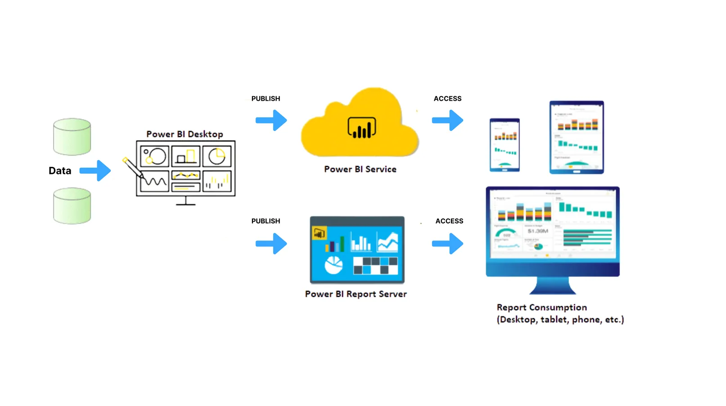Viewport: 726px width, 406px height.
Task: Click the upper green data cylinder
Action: pyautogui.click(x=72, y=137)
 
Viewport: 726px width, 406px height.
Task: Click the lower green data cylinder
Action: pyautogui.click(x=72, y=206)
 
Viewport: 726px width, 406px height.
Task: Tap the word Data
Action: pyautogui.click(x=60, y=171)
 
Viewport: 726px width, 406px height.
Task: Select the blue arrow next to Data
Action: pyautogui.click(x=95, y=170)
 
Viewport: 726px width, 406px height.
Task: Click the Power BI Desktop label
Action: pyautogui.click(x=185, y=134)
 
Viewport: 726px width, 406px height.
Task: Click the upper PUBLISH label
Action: pyautogui.click(x=266, y=98)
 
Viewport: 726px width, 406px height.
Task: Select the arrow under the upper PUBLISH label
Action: pyautogui.click(x=271, y=120)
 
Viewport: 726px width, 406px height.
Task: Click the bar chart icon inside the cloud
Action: pyautogui.click(x=361, y=128)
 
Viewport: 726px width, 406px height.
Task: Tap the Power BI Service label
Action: pyautogui.click(x=360, y=169)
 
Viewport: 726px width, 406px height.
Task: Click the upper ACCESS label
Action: pyautogui.click(x=447, y=98)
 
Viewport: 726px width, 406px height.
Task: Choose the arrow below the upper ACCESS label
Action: pyautogui.click(x=448, y=120)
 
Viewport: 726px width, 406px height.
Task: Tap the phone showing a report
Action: pyautogui.click(x=505, y=145)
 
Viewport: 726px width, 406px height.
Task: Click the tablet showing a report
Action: pyautogui.click(x=577, y=137)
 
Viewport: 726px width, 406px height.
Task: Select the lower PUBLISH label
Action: pyautogui.click(x=266, y=221)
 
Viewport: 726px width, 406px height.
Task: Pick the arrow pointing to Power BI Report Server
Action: pyautogui.click(x=271, y=244)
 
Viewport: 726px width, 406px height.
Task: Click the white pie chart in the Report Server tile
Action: pyautogui.click(x=334, y=265)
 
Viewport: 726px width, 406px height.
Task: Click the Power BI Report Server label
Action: pyautogui.click(x=356, y=294)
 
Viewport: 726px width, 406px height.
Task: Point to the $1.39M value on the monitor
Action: pyautogui.click(x=538, y=231)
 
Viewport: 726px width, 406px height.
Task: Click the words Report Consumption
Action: pyautogui.click(x=541, y=308)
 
